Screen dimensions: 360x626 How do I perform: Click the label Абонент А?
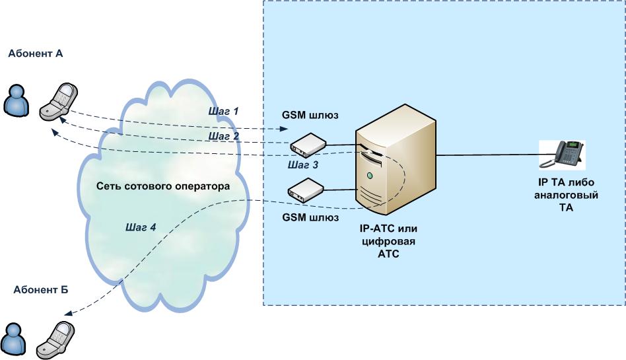(x=36, y=54)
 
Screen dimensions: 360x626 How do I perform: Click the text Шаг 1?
(x=223, y=111)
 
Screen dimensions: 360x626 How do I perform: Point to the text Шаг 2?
(x=223, y=136)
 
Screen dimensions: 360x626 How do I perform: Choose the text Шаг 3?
(x=303, y=165)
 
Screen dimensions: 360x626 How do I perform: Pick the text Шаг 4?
(x=141, y=227)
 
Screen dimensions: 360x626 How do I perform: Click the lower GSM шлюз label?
(x=310, y=217)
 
